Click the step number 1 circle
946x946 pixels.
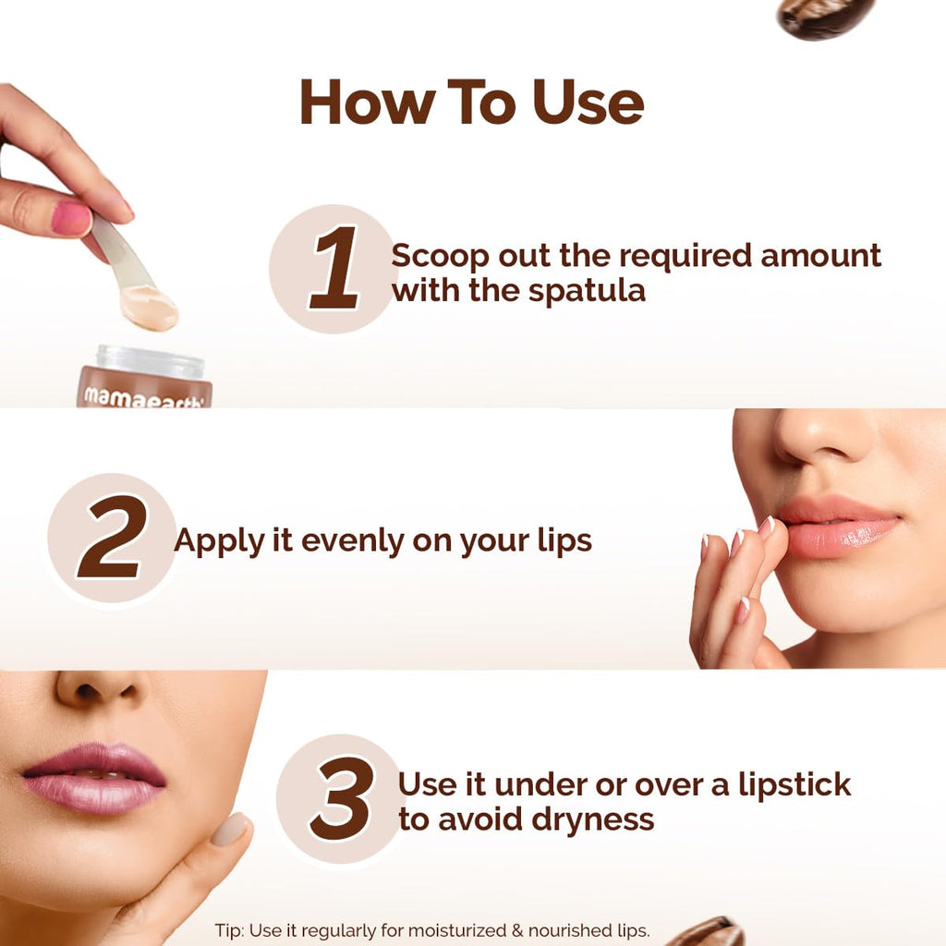click(334, 268)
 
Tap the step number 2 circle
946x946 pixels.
click(111, 538)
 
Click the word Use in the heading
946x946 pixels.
click(588, 103)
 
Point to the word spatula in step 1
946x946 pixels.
click(587, 292)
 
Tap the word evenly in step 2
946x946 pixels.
click(348, 540)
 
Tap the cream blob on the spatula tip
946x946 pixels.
click(151, 308)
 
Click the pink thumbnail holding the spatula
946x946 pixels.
click(70, 219)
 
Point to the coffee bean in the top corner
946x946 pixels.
click(825, 17)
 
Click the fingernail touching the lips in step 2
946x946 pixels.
click(766, 528)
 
